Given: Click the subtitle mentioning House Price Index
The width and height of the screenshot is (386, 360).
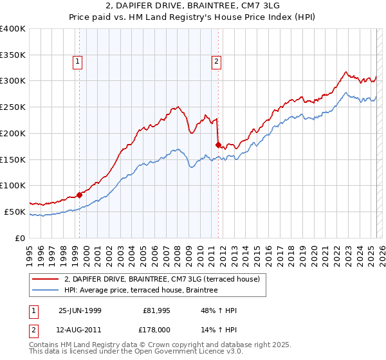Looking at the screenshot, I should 192,17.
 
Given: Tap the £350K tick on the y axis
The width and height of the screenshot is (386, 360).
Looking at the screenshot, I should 13,55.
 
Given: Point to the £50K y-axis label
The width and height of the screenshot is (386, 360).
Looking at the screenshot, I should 15,212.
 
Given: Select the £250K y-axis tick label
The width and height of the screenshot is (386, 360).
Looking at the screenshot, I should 13,107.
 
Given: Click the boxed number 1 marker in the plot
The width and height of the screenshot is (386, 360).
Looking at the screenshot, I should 77,62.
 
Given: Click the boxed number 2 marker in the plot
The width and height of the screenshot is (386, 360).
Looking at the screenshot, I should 216,62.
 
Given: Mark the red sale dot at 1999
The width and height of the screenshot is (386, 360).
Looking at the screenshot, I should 80,195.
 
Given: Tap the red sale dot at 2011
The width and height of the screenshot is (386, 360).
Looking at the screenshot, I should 219,145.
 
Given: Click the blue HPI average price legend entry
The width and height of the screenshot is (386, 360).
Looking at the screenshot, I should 141,290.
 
